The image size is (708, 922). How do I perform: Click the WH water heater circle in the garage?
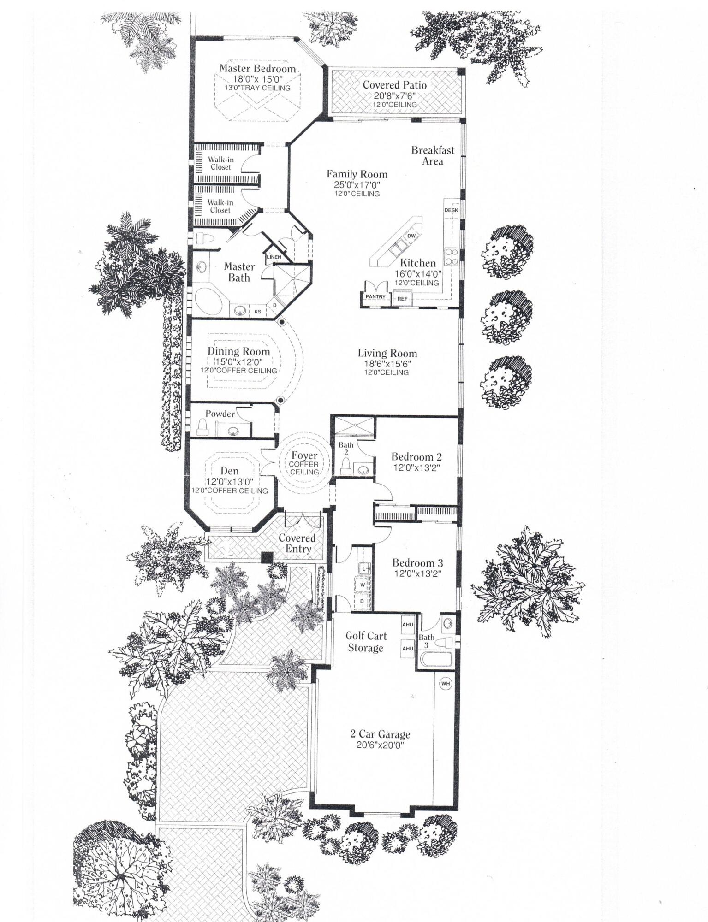click(445, 683)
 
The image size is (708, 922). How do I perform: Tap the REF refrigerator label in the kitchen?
click(402, 299)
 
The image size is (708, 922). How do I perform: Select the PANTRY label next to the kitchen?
click(375, 297)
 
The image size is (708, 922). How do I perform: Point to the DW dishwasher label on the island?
click(411, 236)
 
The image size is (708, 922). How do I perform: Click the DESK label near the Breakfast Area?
click(451, 210)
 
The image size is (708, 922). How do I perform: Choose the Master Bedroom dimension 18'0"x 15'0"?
click(257, 79)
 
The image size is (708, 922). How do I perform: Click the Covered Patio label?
click(394, 85)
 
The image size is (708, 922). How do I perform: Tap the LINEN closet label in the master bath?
click(274, 257)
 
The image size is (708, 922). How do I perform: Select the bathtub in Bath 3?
click(435, 659)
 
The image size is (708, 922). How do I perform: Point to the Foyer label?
click(304, 455)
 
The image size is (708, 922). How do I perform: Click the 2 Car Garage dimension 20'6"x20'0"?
click(380, 745)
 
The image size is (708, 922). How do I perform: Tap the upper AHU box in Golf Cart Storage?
click(407, 625)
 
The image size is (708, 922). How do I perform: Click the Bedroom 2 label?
click(416, 457)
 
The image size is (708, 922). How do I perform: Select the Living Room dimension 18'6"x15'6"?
click(387, 363)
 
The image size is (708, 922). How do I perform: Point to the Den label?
click(229, 471)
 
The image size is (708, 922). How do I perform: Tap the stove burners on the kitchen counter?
click(450, 257)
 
